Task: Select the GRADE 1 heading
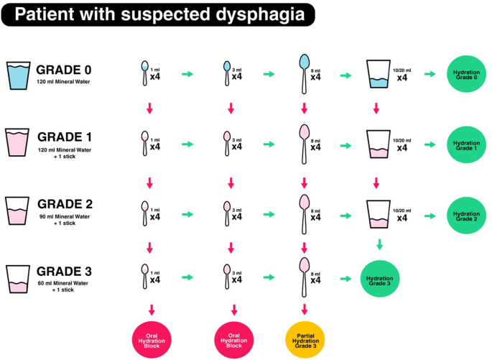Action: (x=69, y=137)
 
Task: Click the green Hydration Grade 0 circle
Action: (x=468, y=75)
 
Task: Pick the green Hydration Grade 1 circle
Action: (x=468, y=144)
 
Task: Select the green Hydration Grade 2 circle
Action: (x=468, y=214)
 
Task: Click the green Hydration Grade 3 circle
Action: (x=379, y=278)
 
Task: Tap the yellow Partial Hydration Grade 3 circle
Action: (x=305, y=336)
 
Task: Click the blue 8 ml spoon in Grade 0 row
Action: (x=305, y=72)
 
